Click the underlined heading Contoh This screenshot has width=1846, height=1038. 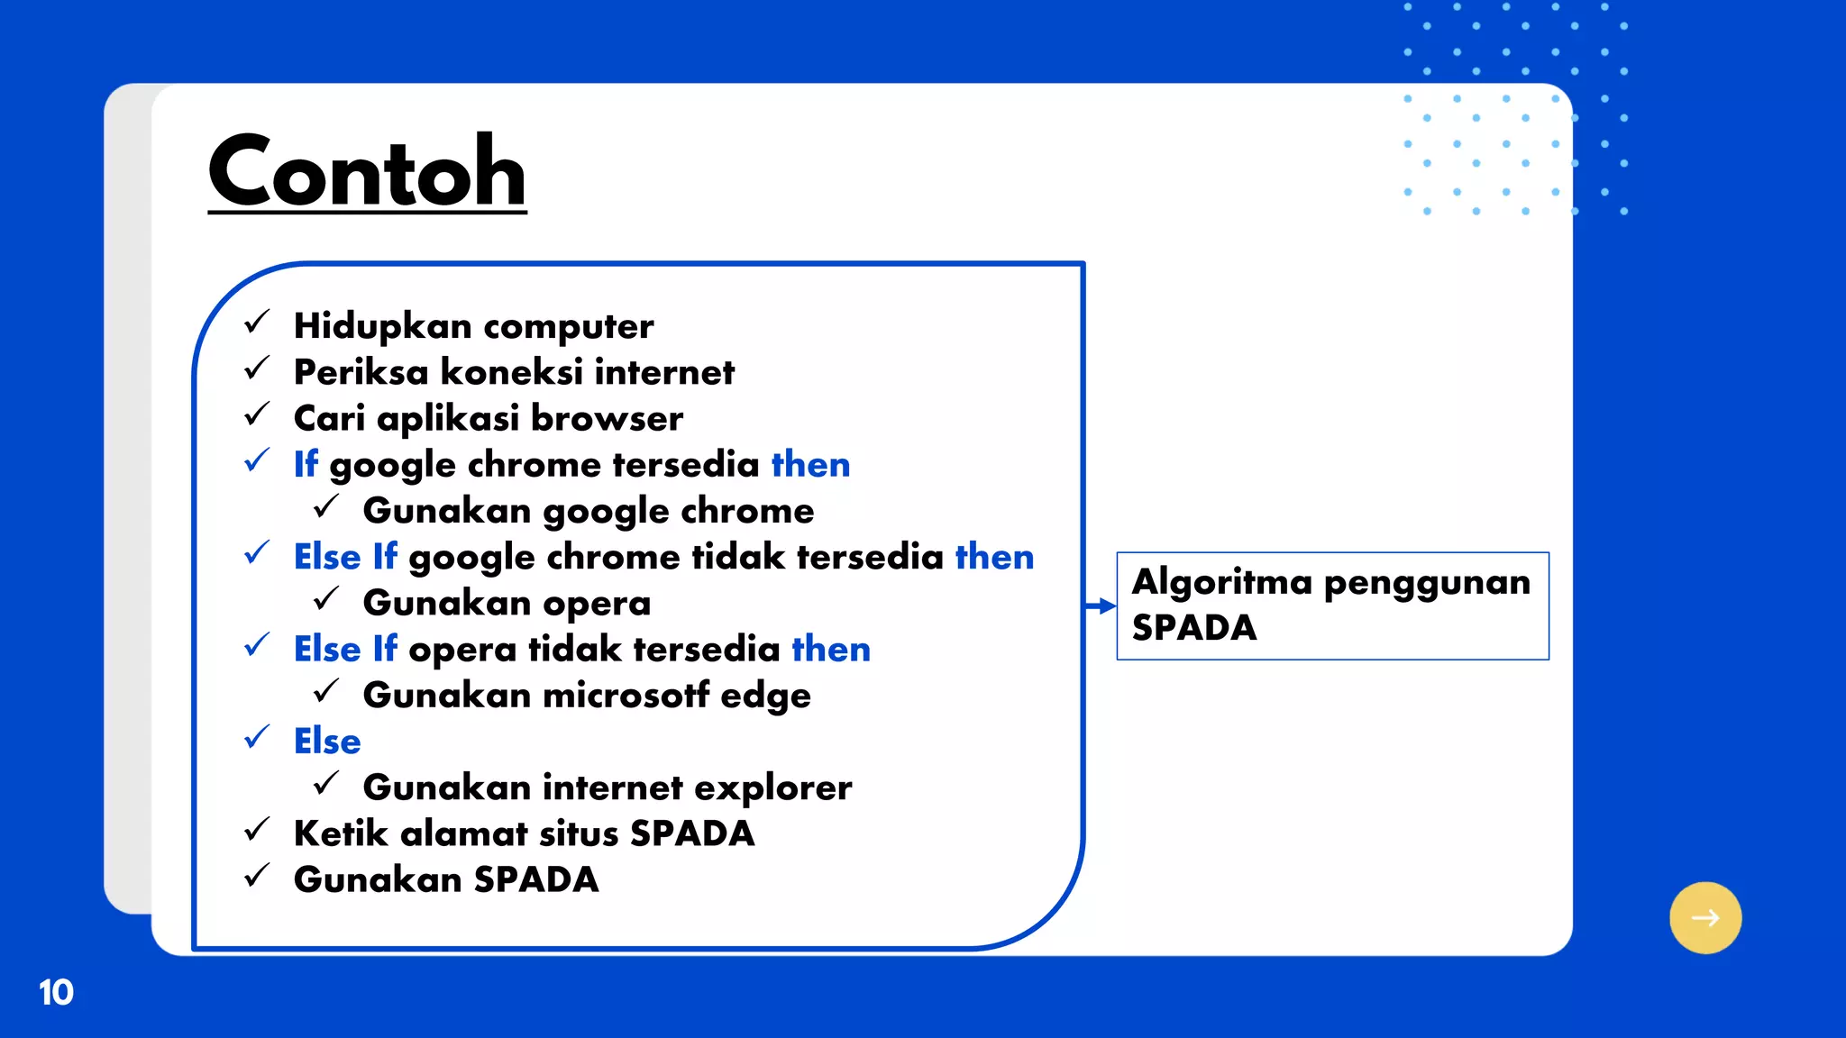(367, 171)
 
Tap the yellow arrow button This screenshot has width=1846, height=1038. (1704, 917)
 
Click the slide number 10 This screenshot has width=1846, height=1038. (56, 992)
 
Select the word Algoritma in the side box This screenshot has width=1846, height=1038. (1221, 582)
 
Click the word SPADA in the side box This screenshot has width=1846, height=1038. (1193, 628)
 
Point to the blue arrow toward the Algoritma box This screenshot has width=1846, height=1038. (1101, 606)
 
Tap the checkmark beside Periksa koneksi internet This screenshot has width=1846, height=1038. (257, 368)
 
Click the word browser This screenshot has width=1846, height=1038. (607, 418)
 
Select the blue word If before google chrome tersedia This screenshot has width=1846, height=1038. (306, 464)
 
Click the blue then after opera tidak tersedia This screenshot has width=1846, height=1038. (830, 649)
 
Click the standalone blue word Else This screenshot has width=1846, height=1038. (327, 742)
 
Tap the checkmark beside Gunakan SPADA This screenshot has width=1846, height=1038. (257, 875)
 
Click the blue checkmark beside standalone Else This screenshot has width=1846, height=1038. (257, 737)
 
